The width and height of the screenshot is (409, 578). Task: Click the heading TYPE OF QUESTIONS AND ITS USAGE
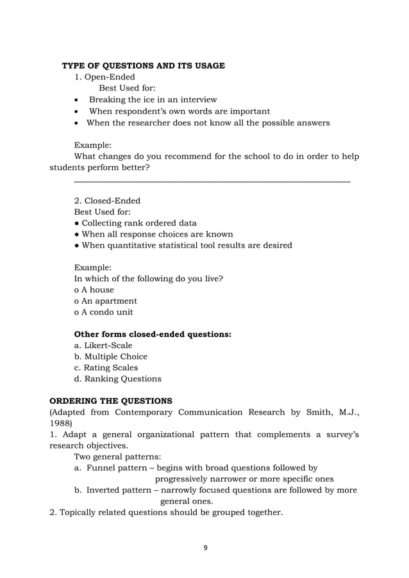pos(143,66)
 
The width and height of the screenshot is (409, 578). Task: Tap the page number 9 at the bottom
pos(205,547)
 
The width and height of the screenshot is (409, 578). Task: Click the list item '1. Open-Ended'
pos(104,78)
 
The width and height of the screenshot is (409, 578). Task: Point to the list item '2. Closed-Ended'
pos(107,201)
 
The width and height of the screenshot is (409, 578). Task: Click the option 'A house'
pos(94,290)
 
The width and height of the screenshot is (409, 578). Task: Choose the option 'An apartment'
pos(106,301)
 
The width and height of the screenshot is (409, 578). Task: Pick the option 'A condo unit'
pos(104,312)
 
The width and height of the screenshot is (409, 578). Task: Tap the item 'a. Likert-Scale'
pos(103,345)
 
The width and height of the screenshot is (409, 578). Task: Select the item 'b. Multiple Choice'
pos(111,356)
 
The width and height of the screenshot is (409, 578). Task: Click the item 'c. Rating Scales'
pos(106,368)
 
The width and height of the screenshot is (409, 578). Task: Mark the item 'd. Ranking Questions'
pos(118,379)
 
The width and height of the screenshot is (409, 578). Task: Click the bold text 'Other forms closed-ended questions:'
pos(153,334)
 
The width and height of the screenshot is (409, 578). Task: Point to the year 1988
pos(61,423)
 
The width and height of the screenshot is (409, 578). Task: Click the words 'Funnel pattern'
pos(117,468)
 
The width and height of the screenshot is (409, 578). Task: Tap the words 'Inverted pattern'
pos(119,490)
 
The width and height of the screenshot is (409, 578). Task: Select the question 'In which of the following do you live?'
pos(149,279)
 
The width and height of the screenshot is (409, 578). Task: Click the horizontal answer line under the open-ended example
pos(212,183)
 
